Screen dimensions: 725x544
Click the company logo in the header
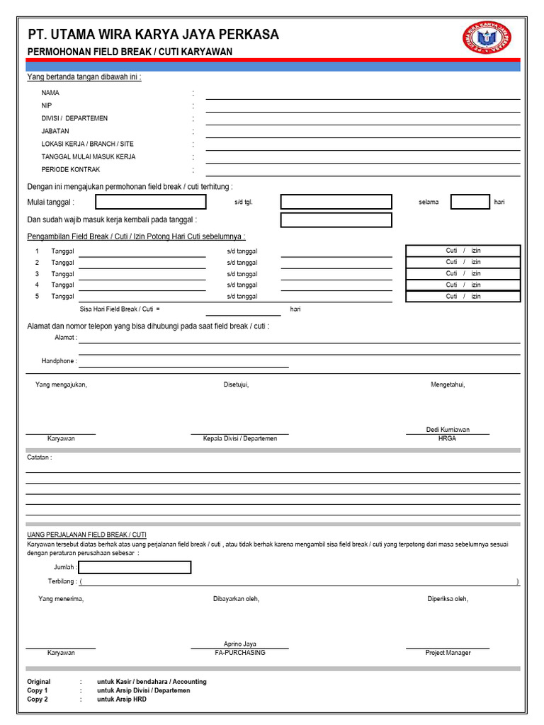tap(487, 40)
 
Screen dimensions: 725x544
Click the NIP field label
tap(47, 105)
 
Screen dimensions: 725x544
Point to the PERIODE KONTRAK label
tap(71, 170)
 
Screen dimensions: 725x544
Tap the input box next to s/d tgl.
tap(336, 202)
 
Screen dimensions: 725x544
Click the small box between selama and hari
tap(470, 202)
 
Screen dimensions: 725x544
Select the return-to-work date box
tap(336, 220)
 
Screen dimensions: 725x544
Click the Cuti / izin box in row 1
tap(463, 251)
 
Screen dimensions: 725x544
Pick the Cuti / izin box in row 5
tap(463, 297)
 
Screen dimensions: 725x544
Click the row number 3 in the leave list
tap(37, 274)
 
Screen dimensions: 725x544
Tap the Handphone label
tap(59, 361)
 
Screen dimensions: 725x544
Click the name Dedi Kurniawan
tap(448, 430)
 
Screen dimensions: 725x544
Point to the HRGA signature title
tap(447, 439)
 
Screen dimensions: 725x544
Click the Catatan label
tap(39, 457)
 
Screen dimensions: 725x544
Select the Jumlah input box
tap(135, 567)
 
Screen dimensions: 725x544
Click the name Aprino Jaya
tap(239, 644)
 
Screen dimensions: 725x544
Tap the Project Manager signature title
tap(448, 653)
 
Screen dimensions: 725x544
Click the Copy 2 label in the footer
tap(38, 699)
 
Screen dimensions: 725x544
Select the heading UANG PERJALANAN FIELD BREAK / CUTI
tap(86, 535)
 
